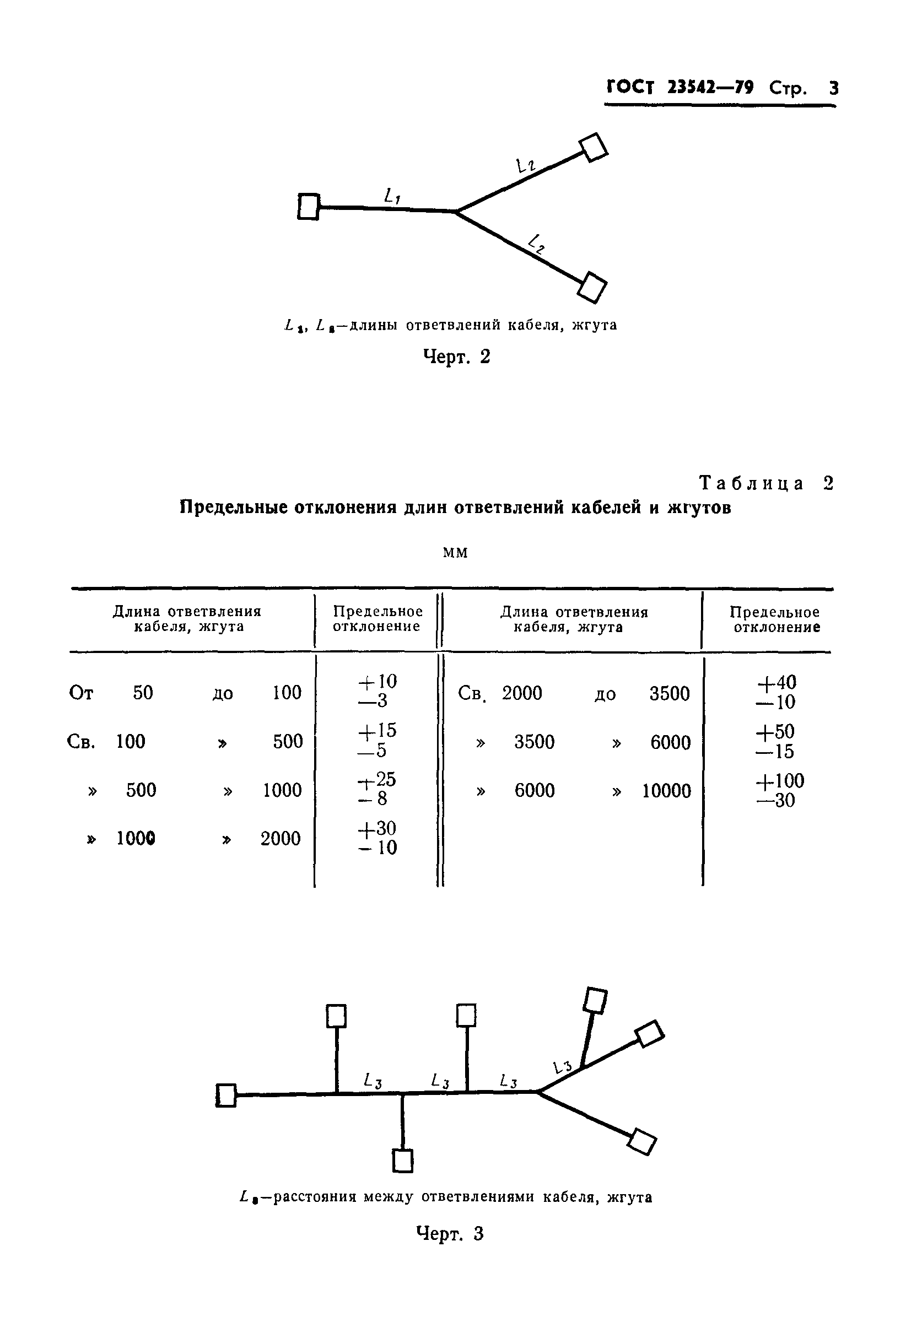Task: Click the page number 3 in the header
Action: (833, 88)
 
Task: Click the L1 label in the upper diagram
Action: (392, 196)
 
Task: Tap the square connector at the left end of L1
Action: (308, 207)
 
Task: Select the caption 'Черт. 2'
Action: (457, 357)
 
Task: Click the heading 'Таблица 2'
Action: (765, 483)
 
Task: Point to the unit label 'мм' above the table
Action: (455, 552)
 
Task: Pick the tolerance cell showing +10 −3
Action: (377, 690)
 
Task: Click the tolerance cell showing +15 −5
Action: (377, 740)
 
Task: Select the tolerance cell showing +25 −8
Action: (377, 789)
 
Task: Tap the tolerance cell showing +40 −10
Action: (776, 692)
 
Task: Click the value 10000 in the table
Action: (667, 791)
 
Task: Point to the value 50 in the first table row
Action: (143, 692)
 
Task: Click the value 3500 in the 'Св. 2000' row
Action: (670, 693)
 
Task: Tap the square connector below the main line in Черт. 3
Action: (403, 1161)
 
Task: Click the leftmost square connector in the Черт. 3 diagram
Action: (227, 1095)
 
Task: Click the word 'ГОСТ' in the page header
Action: (630, 88)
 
